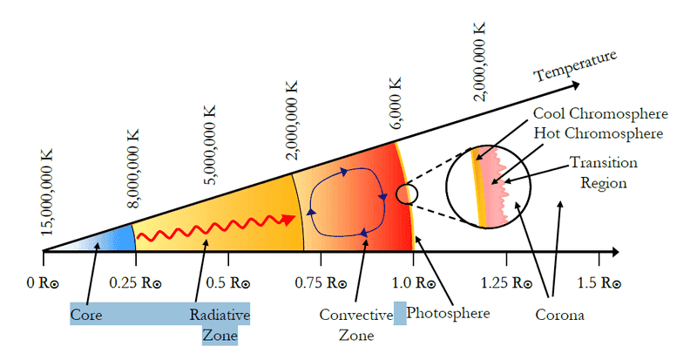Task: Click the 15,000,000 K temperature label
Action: pyautogui.click(x=46, y=192)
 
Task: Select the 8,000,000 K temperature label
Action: pyautogui.click(x=132, y=168)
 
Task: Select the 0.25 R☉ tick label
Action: pyautogui.click(x=136, y=282)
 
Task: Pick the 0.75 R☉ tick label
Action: pyautogui.click(x=321, y=282)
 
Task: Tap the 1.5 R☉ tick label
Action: pyautogui.click(x=599, y=282)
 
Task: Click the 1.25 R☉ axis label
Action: pyautogui.click(x=506, y=282)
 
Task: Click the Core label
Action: pyautogui.click(x=86, y=315)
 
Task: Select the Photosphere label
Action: pyautogui.click(x=448, y=313)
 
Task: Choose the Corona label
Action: pyautogui.click(x=559, y=315)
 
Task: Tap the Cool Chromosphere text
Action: pyautogui.click(x=600, y=113)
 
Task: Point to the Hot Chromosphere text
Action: pyautogui.click(x=599, y=133)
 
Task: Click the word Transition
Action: pyautogui.click(x=604, y=162)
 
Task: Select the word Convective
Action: pyautogui.click(x=356, y=315)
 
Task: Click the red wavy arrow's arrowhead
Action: pyautogui.click(x=289, y=220)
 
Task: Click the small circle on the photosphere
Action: pyautogui.click(x=407, y=194)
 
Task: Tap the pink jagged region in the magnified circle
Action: pyautogui.click(x=496, y=187)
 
